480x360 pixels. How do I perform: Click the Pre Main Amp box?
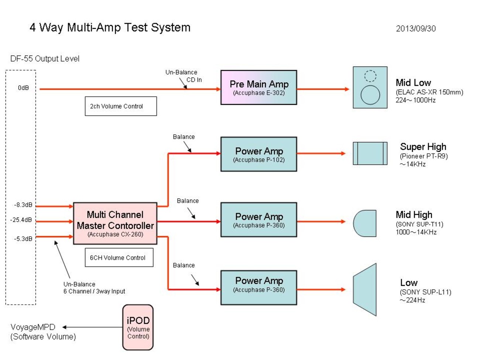[258, 88]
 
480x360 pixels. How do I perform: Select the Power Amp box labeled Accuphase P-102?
[258, 154]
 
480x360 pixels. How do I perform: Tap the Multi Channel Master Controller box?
[115, 223]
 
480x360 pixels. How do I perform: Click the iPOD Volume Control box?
[138, 327]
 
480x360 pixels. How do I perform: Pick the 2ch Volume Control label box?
[121, 106]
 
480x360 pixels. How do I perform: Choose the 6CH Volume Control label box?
[119, 257]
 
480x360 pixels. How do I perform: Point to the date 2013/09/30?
[416, 29]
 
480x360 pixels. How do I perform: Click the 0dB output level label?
[23, 88]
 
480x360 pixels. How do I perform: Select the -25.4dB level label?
[21, 220]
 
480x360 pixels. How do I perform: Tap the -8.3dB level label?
[23, 205]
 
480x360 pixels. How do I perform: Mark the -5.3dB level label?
[23, 239]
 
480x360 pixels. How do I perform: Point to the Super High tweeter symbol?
[370, 154]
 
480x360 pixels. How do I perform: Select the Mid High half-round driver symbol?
[364, 223]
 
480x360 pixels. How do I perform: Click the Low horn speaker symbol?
[364, 289]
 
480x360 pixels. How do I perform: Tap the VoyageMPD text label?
[33, 327]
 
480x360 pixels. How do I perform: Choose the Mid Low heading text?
[413, 83]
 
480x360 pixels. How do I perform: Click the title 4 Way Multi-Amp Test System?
[110, 28]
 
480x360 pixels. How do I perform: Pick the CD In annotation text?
[194, 80]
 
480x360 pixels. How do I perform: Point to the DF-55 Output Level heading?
[45, 59]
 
